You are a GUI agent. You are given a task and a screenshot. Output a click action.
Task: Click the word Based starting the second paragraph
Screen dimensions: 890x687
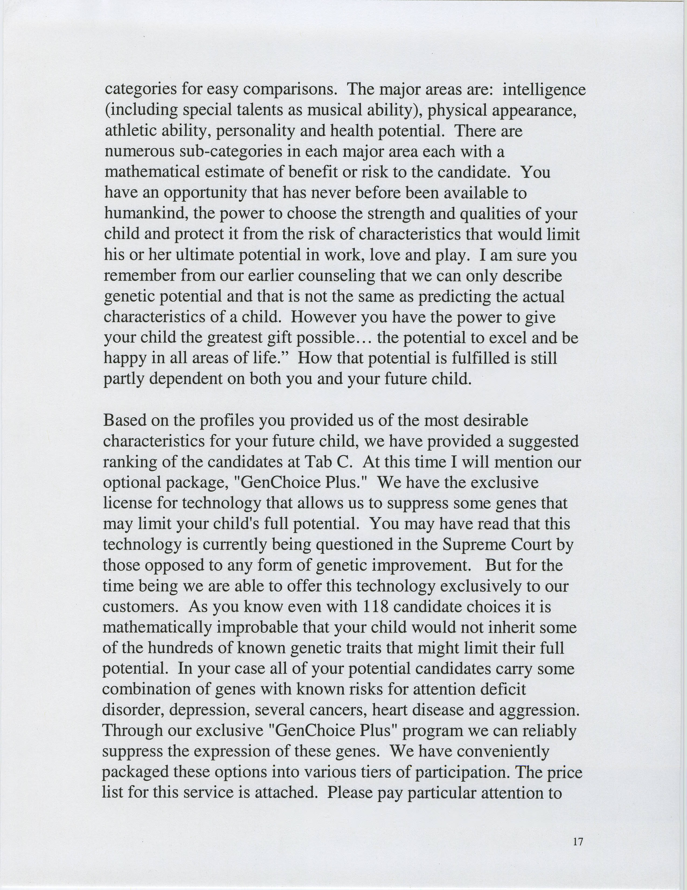125,420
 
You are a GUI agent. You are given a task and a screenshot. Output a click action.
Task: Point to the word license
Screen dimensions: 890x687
127,503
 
